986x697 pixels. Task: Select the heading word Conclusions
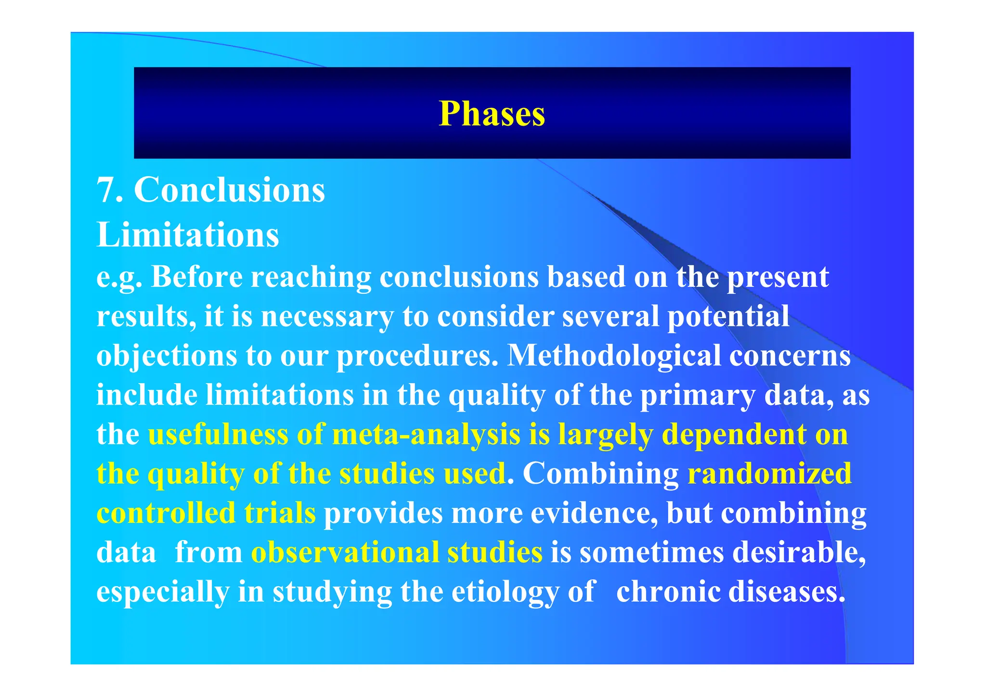pyautogui.click(x=229, y=190)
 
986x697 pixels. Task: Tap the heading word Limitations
pyautogui.click(x=188, y=235)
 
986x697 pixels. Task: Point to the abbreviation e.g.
pyautogui.click(x=119, y=278)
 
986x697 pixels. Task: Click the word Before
pyautogui.click(x=197, y=277)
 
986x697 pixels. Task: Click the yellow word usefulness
pyautogui.click(x=218, y=434)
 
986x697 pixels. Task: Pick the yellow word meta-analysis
pyautogui.click(x=426, y=435)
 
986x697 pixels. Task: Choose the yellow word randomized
pyautogui.click(x=769, y=474)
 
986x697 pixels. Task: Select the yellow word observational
pyautogui.click(x=345, y=552)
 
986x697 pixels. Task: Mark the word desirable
pyautogui.click(x=799, y=552)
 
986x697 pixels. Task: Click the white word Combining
pyautogui.click(x=600, y=474)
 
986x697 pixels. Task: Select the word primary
pyautogui.click(x=698, y=396)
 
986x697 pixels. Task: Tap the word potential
pyautogui.click(x=728, y=317)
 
